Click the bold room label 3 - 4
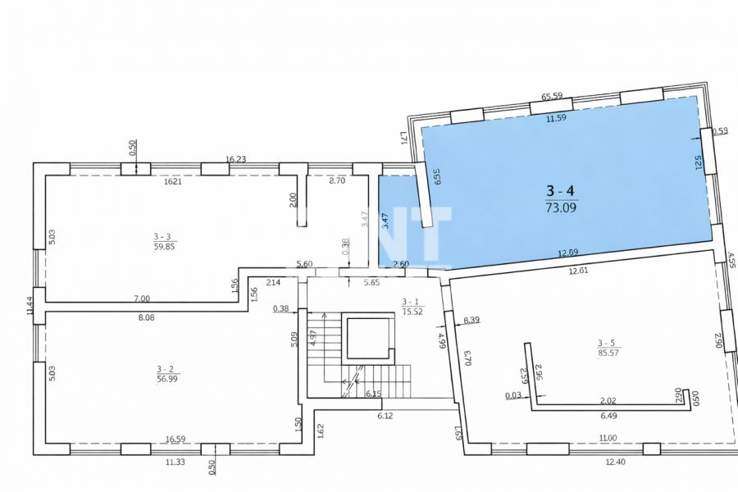point(561,192)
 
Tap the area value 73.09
point(561,207)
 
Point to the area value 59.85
point(164,245)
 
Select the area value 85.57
point(608,352)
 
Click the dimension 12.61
point(577,271)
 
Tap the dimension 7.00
point(142,298)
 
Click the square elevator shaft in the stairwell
point(366,337)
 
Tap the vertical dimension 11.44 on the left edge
point(30,305)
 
